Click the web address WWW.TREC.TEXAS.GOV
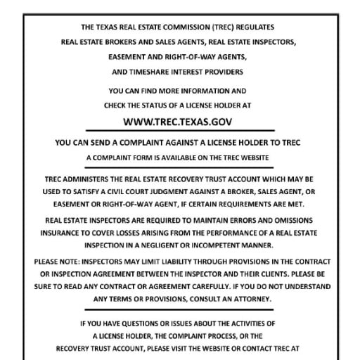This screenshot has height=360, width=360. (x=179, y=122)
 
